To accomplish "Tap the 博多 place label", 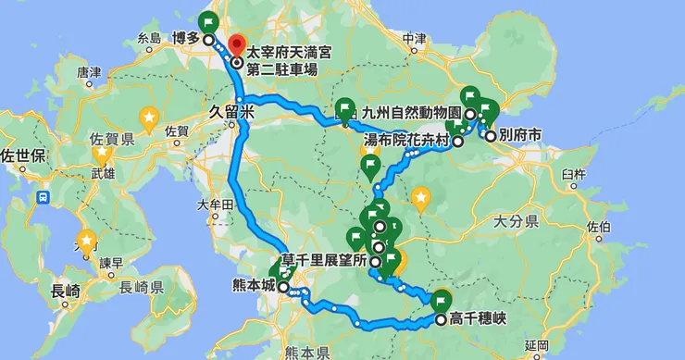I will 187,39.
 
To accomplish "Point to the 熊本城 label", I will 256,287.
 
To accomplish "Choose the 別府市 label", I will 520,135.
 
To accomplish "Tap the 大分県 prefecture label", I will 517,222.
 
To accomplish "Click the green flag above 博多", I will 208,22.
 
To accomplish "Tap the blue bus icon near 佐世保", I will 44,197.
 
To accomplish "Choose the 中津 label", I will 416,38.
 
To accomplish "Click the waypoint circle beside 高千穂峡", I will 441,320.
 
